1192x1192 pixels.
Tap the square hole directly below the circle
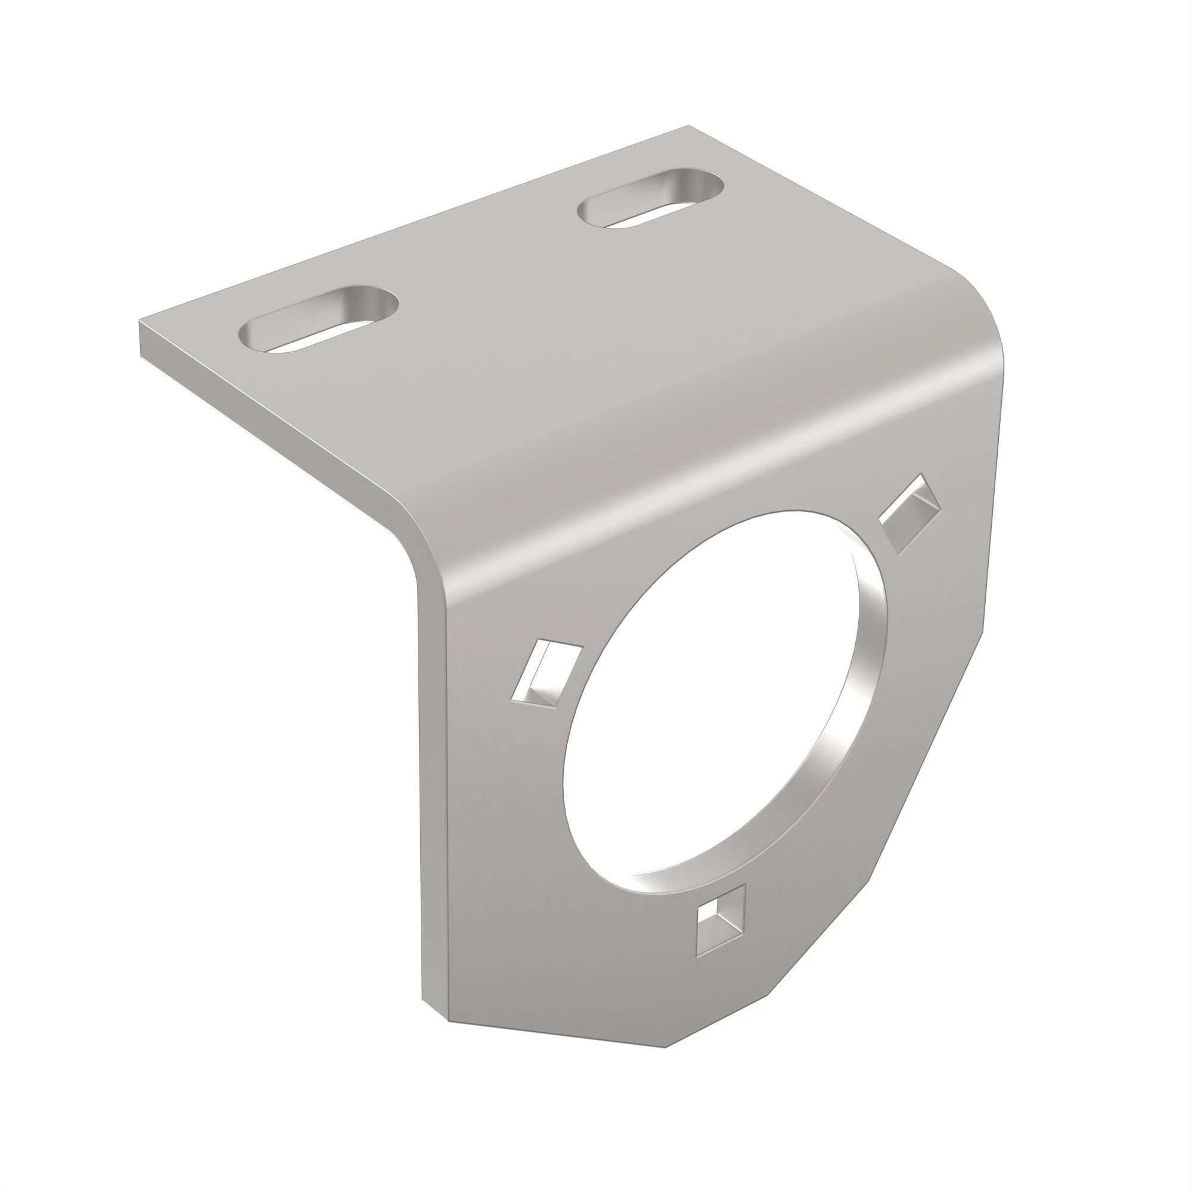(x=721, y=930)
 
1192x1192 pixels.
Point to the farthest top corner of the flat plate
(x=687, y=126)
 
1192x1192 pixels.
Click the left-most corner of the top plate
(x=141, y=322)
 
